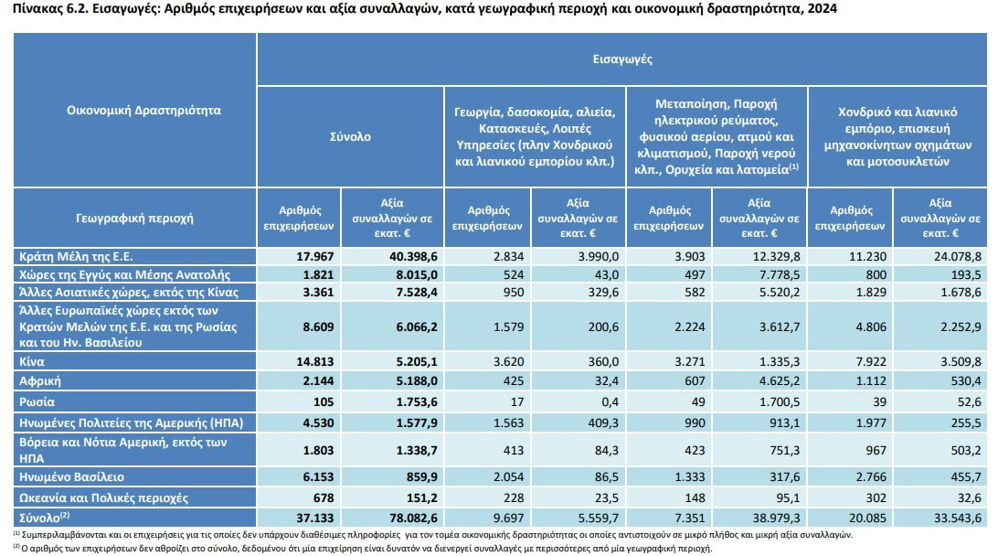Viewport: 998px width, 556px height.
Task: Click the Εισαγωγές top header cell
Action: click(621, 59)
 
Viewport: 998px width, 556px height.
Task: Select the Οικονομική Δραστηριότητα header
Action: click(143, 110)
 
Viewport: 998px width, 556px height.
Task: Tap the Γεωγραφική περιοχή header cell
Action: click(134, 218)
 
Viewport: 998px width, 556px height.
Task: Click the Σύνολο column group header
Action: click(350, 136)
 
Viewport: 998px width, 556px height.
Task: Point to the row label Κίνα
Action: click(32, 362)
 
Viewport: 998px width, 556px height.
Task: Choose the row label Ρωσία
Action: click(37, 401)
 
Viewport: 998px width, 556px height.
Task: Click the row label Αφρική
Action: click(40, 380)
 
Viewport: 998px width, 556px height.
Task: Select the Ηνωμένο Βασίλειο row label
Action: click(71, 477)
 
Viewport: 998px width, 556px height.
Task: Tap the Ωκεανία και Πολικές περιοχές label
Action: click(104, 498)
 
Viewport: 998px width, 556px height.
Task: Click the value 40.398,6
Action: click(413, 257)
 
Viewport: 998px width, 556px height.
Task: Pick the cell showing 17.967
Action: click(315, 257)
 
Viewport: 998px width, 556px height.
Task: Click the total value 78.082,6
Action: click(413, 518)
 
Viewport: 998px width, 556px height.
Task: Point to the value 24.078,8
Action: click(957, 257)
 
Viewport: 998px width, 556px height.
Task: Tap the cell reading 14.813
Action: click(315, 362)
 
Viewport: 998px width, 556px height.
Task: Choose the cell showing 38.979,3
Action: click(776, 518)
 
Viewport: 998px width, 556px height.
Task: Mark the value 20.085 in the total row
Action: click(867, 518)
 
